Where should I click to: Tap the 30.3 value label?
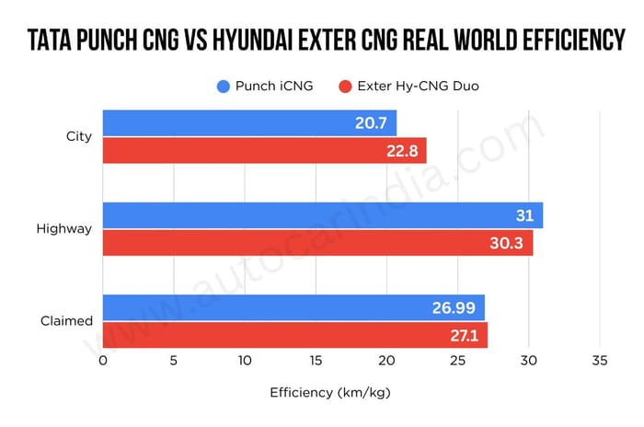tap(508, 243)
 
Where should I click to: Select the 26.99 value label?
tap(454, 307)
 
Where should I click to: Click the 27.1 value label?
tap(464, 335)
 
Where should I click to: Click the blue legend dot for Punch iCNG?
tap(223, 87)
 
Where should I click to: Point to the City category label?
tap(79, 137)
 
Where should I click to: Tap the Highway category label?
tap(64, 229)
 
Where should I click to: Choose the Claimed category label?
tap(66, 321)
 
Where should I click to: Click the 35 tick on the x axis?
tap(600, 360)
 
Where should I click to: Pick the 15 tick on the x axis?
tap(316, 360)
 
